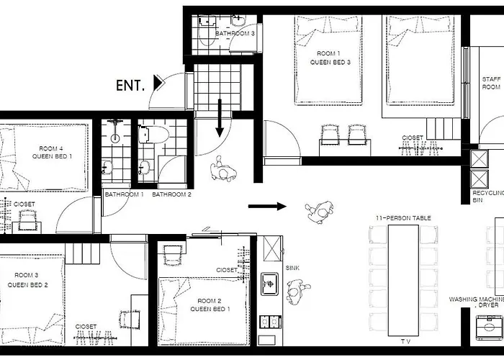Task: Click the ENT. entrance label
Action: [130, 86]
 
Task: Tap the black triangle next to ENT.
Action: [158, 83]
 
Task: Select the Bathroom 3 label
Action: [235, 33]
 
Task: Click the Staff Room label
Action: [491, 83]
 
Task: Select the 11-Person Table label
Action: [403, 218]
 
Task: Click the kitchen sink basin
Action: [269, 284]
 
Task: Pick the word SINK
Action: [292, 268]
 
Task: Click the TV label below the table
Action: [405, 341]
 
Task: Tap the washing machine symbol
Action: [489, 327]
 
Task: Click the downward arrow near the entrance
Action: [220, 118]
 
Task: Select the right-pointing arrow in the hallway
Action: [267, 206]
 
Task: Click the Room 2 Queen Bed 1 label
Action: [210, 305]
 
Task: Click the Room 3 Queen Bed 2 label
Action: [27, 280]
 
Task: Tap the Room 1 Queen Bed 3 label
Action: [330, 58]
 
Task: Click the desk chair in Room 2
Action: [174, 255]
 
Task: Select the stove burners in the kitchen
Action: [269, 321]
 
